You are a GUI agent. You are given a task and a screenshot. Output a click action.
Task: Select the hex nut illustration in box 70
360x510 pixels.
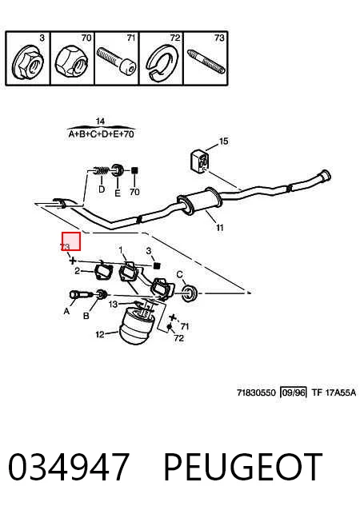(x=72, y=61)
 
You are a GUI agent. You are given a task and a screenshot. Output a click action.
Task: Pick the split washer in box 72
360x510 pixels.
(x=162, y=63)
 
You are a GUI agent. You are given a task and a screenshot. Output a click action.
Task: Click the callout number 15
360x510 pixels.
(x=224, y=141)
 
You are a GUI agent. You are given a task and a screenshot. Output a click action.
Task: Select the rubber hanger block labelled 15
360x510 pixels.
(x=198, y=161)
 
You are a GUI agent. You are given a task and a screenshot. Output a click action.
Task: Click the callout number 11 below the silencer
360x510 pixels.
(x=220, y=228)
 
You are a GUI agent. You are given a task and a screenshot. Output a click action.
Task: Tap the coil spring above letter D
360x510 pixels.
(x=101, y=170)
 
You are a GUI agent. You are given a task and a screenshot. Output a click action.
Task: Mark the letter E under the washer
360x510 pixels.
(x=118, y=193)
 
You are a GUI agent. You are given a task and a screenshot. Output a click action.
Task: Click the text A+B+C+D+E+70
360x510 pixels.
(x=102, y=134)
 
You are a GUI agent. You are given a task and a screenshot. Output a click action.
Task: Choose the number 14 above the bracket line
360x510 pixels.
(x=100, y=122)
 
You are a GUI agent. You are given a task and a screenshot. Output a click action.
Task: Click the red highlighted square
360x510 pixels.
(x=71, y=241)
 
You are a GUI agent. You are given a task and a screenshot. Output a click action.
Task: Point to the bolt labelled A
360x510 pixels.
(x=79, y=295)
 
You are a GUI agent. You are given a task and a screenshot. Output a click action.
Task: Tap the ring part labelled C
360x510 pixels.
(x=190, y=293)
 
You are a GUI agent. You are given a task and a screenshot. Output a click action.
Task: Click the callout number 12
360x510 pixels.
(x=100, y=334)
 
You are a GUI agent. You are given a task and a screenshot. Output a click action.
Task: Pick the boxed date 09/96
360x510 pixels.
(x=294, y=392)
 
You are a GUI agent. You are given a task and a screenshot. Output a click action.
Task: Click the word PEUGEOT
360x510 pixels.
(x=243, y=466)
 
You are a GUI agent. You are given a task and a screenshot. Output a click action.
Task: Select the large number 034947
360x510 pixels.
(x=69, y=466)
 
